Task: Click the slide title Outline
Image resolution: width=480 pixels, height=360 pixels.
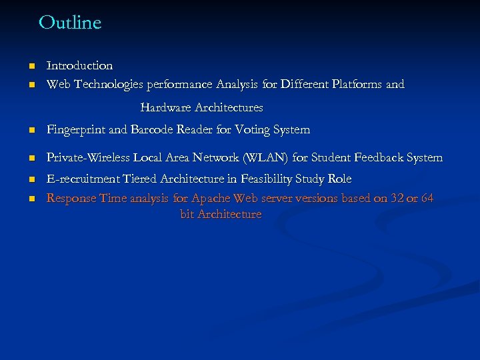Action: tap(70, 23)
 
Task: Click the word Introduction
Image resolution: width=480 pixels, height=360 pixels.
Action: tap(79, 65)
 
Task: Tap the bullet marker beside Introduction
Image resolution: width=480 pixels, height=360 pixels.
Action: tap(31, 66)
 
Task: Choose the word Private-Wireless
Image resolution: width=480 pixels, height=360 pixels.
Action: tap(88, 158)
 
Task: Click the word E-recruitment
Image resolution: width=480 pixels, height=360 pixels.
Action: tap(80, 179)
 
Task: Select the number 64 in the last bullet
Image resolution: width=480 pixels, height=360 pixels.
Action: tap(427, 199)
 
